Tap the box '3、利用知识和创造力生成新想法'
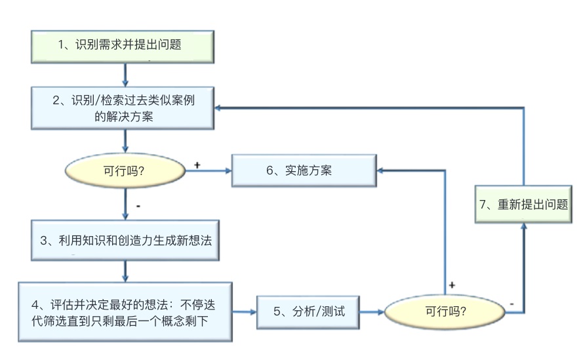pyautogui.click(x=125, y=239)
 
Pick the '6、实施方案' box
pyautogui.click(x=302, y=170)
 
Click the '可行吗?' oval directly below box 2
pyautogui.click(x=125, y=171)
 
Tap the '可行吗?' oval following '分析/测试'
pyautogui.click(x=445, y=311)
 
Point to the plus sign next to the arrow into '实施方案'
pyautogui.click(x=197, y=165)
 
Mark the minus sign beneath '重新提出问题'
pyautogui.click(x=511, y=304)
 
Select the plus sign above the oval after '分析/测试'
pyautogui.click(x=452, y=285)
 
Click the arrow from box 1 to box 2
pyautogui.click(x=125, y=74)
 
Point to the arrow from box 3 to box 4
pyautogui.click(x=125, y=271)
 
